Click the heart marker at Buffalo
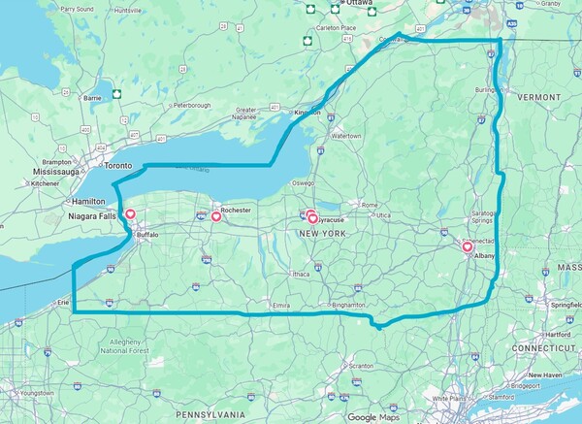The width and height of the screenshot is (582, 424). (x=130, y=215)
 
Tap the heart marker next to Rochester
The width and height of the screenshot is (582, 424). (x=215, y=217)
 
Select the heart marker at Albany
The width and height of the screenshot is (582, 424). (x=467, y=246)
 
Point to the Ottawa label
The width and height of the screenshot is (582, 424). (x=359, y=3)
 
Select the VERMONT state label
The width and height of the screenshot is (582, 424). (x=538, y=98)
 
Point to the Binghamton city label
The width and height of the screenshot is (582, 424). (x=348, y=305)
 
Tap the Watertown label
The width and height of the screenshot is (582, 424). (x=345, y=136)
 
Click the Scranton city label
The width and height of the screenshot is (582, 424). (x=361, y=366)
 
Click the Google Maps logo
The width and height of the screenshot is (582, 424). (x=375, y=417)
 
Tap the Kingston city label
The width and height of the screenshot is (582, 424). (x=307, y=113)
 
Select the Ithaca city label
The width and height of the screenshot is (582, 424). (x=301, y=275)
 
